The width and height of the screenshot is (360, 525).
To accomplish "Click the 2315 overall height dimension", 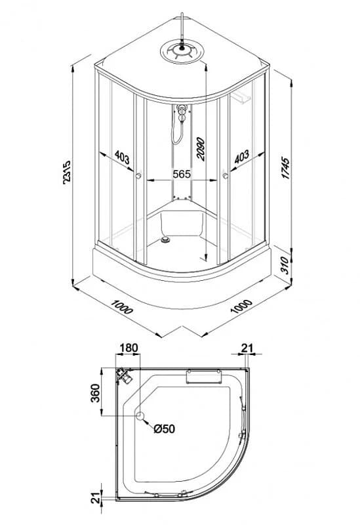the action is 67,172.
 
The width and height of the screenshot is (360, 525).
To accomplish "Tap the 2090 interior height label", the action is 200,149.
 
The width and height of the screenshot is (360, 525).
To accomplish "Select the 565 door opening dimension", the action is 182,174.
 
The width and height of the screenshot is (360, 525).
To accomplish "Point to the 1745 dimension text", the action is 286,167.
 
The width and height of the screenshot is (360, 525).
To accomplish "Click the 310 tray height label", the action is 285,266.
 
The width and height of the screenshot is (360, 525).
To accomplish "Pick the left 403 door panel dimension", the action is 122,157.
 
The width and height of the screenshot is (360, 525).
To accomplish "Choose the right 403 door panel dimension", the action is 241,156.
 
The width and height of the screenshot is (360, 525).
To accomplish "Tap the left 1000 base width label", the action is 122,307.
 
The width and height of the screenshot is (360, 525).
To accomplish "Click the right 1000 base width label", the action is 241,306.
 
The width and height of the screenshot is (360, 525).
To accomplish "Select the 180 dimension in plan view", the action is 129,348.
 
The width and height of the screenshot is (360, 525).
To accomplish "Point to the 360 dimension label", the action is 95,393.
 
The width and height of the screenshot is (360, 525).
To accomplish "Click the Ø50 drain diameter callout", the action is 165,429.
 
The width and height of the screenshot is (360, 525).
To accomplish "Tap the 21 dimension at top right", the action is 247,348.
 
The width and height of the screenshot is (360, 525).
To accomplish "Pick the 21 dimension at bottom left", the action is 96,497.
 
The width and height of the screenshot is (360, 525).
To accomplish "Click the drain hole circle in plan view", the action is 140,416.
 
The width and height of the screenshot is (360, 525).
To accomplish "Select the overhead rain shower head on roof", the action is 182,52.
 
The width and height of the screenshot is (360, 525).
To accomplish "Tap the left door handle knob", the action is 138,175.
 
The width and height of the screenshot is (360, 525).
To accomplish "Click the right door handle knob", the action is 225,175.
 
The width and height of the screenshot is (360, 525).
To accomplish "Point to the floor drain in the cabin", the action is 165,240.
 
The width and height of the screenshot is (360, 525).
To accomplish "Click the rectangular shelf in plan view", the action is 203,376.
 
